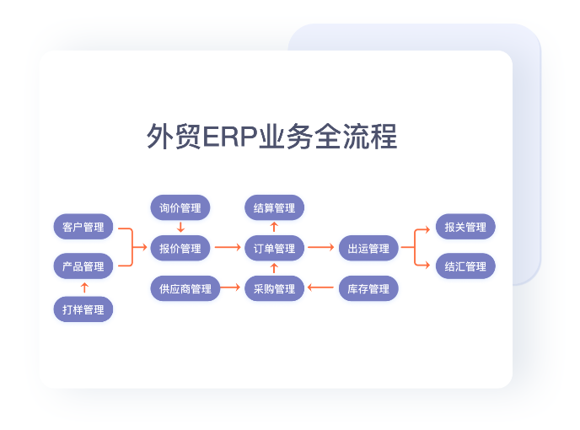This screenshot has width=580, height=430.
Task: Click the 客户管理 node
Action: click(x=83, y=227)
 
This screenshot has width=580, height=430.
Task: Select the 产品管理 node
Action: click(x=83, y=266)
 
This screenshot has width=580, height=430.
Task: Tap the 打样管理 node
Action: click(x=83, y=309)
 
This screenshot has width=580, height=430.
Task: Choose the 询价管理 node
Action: click(x=180, y=208)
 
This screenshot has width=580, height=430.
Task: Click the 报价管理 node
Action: click(x=180, y=248)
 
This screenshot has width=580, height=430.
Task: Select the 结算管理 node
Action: click(x=274, y=208)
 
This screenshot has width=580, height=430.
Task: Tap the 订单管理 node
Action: click(x=274, y=248)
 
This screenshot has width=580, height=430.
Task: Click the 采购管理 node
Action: click(x=274, y=288)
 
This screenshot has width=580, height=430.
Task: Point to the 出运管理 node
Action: click(x=368, y=248)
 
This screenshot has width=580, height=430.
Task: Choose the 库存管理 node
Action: click(x=368, y=288)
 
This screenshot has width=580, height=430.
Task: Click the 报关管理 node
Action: click(x=465, y=227)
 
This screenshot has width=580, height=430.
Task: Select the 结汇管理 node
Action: click(x=465, y=266)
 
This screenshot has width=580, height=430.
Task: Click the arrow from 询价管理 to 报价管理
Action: click(x=180, y=228)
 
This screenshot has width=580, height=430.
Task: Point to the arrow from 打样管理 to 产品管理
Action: click(x=83, y=288)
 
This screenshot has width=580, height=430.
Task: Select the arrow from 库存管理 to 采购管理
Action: click(x=321, y=288)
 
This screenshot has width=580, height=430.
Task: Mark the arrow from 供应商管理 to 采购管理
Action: click(x=230, y=288)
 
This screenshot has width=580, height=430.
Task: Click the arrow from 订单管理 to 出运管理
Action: click(x=321, y=248)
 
